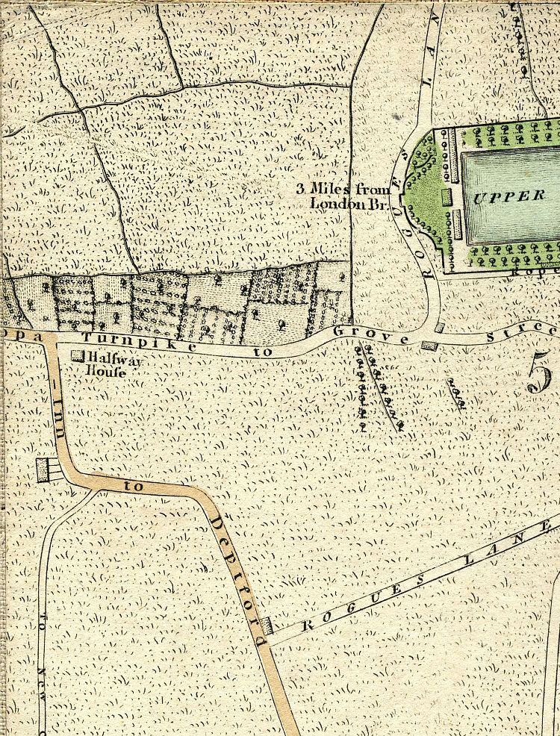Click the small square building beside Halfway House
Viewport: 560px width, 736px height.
(76, 357)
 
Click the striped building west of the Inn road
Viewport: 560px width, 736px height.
(48, 470)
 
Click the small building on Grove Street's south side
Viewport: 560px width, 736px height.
(428, 345)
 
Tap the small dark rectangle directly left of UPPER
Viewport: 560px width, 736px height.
(447, 197)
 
